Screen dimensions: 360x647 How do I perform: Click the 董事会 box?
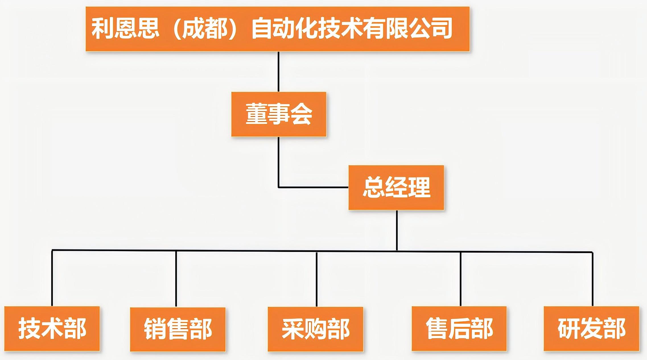pos(279,114)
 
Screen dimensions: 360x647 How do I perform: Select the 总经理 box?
pos(396,187)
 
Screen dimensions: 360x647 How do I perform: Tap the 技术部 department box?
pos(52,329)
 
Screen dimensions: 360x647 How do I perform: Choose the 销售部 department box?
pos(178,329)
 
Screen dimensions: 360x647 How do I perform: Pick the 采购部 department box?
pos(316,329)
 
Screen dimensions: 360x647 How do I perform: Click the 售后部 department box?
pos(459,329)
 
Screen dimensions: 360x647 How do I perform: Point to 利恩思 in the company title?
pos(125,29)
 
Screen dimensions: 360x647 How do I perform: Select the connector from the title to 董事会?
pos(279,72)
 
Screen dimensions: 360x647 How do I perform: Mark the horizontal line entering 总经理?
pos(313,187)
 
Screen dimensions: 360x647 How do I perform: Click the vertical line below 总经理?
pos(397,230)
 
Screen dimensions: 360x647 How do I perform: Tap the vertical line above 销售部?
pos(176,279)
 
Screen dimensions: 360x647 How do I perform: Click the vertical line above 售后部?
pos(461,279)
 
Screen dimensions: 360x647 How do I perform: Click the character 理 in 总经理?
pos(419,187)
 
